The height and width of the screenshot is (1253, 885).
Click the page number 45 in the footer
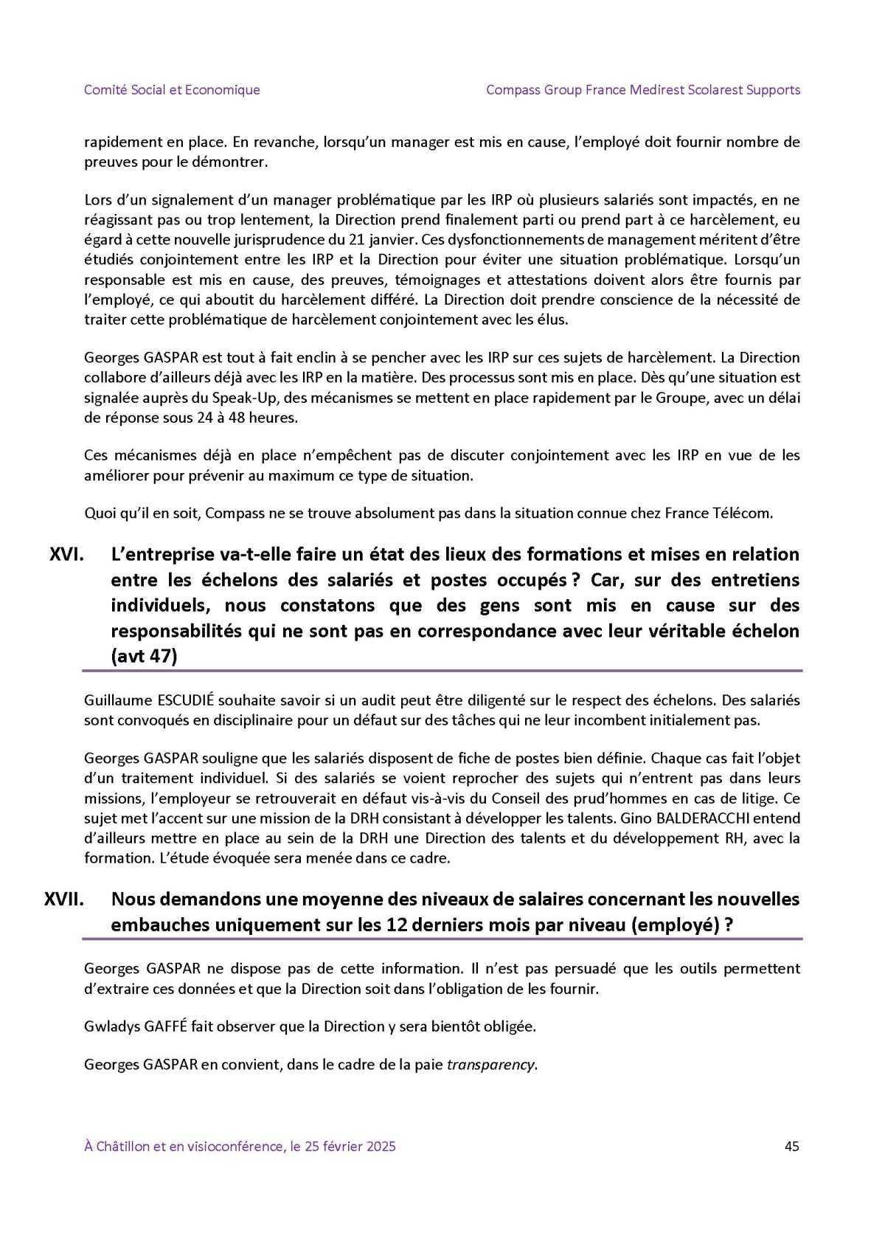(x=791, y=1146)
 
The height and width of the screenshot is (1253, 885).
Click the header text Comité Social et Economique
(x=172, y=90)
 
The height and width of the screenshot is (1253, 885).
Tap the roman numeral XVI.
(x=66, y=553)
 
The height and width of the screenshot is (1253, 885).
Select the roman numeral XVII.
(x=64, y=899)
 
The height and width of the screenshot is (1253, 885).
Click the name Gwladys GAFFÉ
(x=137, y=1026)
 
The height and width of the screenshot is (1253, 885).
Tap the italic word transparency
(x=490, y=1065)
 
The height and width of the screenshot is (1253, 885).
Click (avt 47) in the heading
(x=144, y=656)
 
